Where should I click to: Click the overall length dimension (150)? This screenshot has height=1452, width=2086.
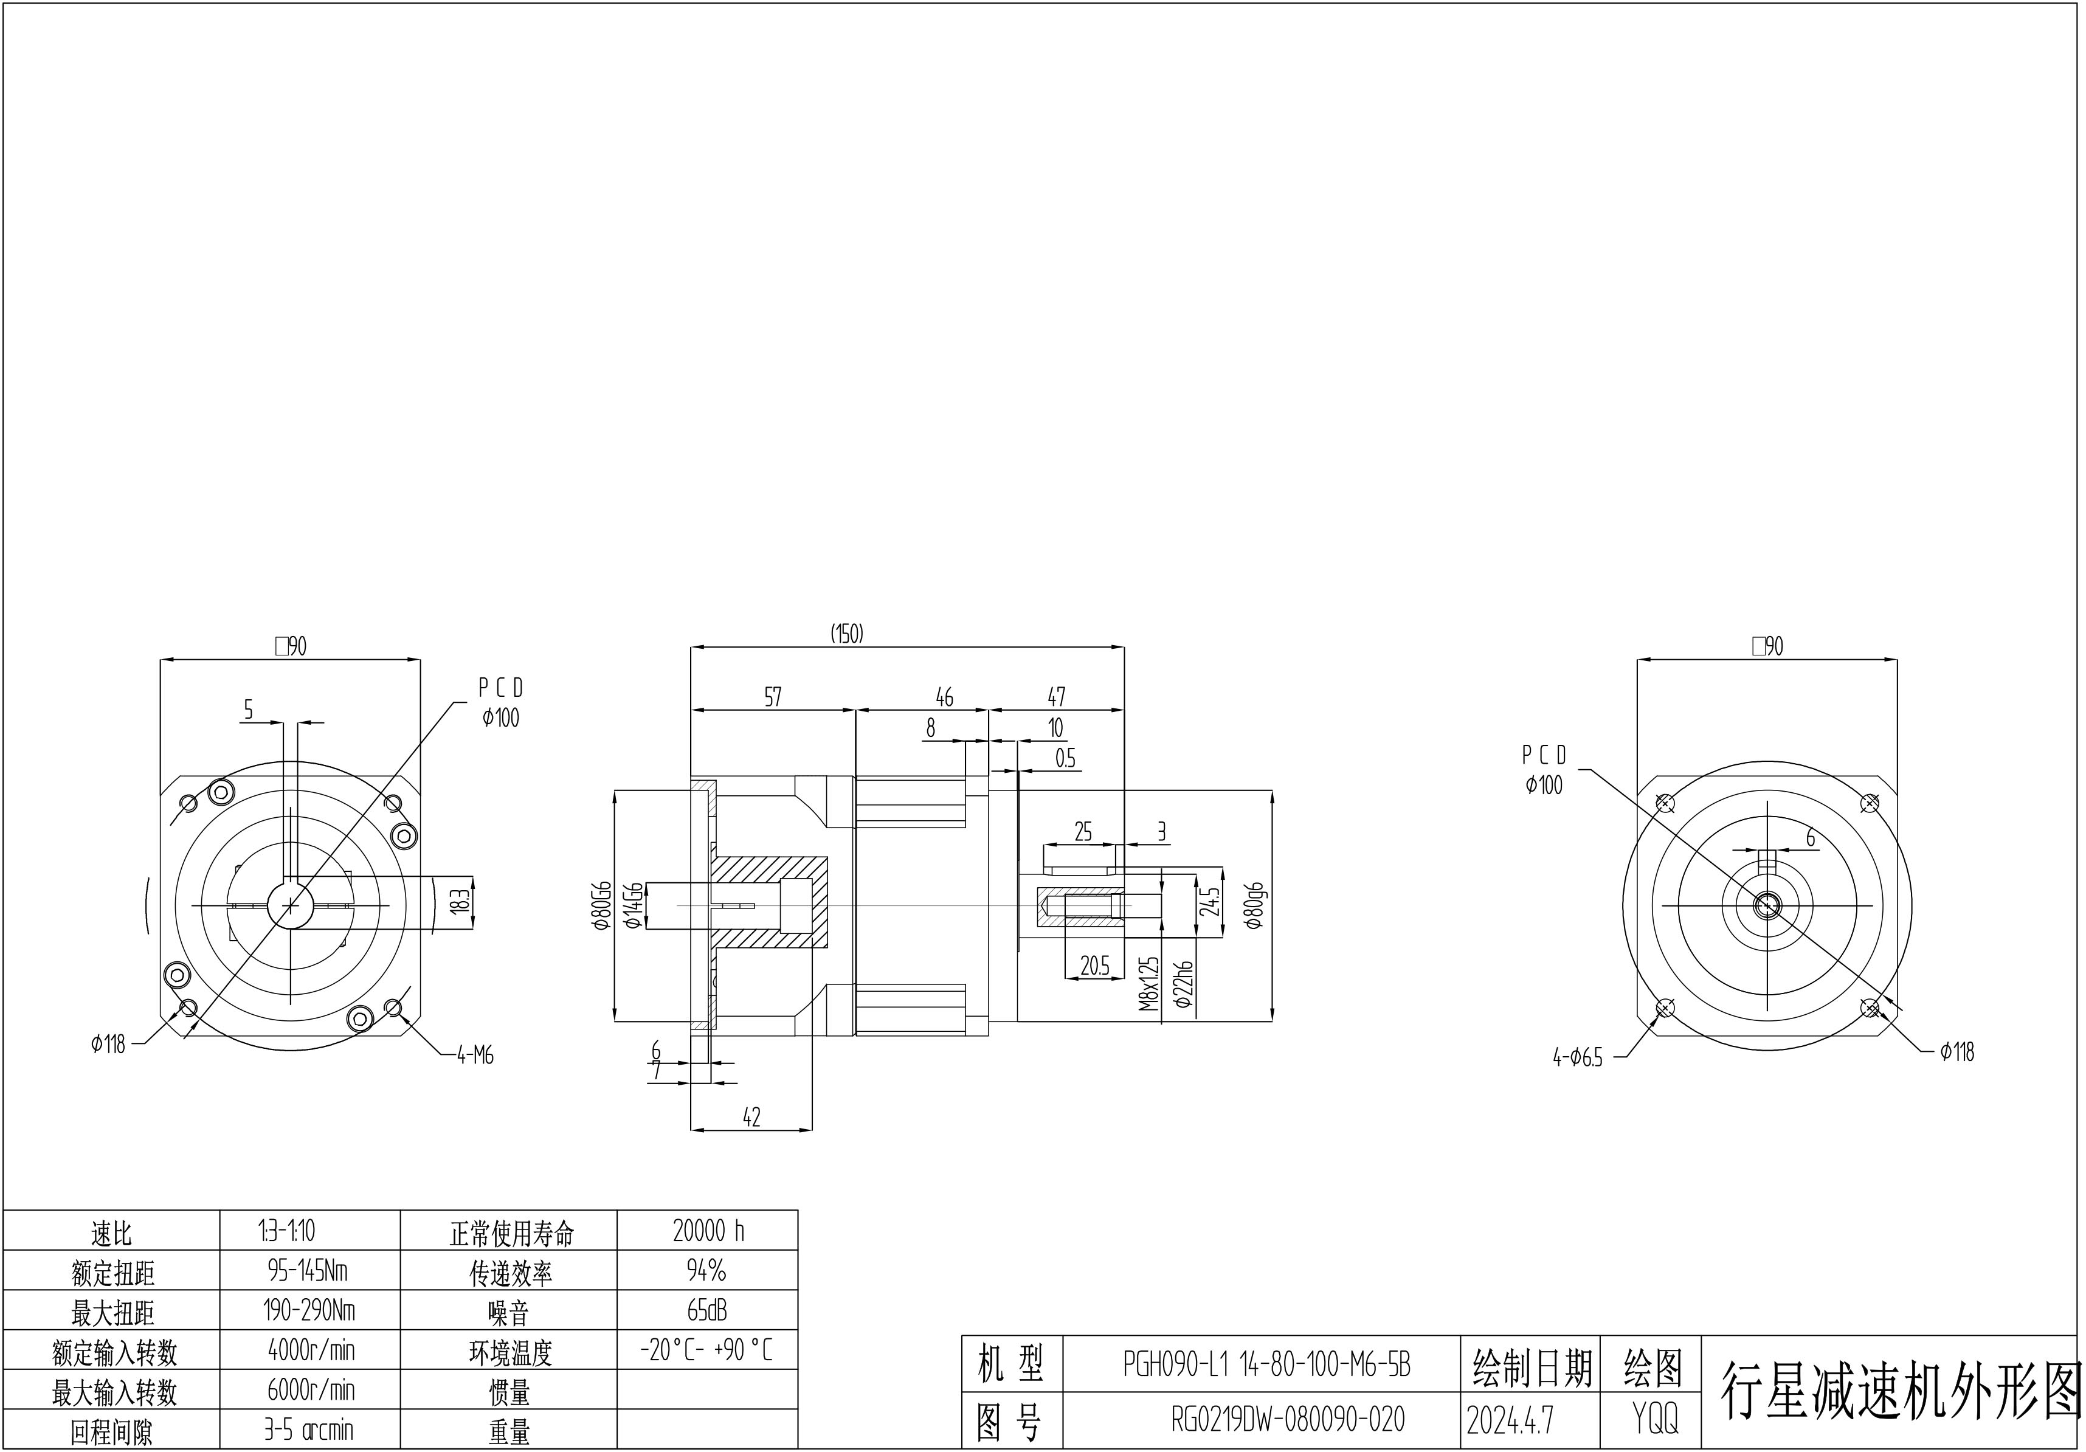click(847, 634)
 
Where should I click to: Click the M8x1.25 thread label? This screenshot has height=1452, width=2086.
click(1149, 984)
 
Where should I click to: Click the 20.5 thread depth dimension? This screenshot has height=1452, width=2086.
click(1095, 966)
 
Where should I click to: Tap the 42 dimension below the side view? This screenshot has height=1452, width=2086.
click(751, 1118)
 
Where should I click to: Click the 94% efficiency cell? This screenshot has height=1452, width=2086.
click(707, 1270)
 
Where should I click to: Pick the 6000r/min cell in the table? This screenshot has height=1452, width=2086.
click(311, 1389)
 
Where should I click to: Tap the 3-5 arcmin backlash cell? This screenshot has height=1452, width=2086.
click(309, 1430)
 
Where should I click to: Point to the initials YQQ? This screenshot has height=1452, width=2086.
click(1654, 1419)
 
